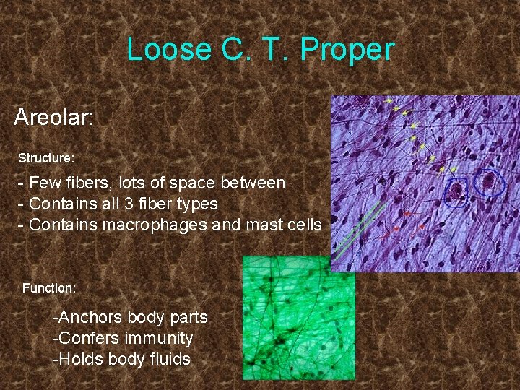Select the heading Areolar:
pyautogui.click(x=54, y=117)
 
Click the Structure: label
pyautogui.click(x=46, y=157)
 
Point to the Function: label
pyautogui.click(x=49, y=287)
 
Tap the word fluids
pyautogui.click(x=171, y=359)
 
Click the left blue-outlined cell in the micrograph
pyautogui.click(x=456, y=191)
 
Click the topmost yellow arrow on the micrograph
pyautogui.click(x=390, y=100)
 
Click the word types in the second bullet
pyautogui.click(x=197, y=204)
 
